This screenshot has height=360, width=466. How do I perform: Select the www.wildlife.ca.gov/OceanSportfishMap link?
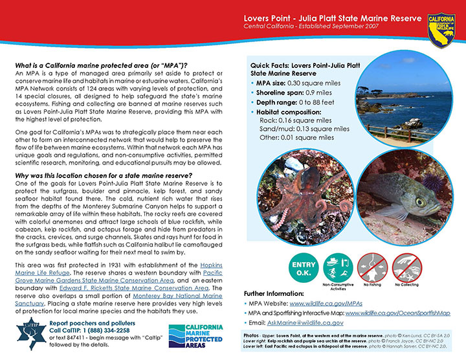[x=398, y=312]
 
